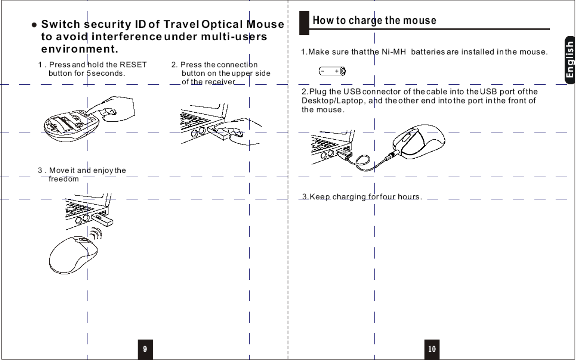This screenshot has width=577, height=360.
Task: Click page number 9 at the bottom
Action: tap(145, 349)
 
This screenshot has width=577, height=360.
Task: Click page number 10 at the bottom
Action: tap(432, 349)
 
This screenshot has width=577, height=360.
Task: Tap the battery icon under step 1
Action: tap(332, 72)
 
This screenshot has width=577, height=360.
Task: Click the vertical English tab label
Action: tap(570, 60)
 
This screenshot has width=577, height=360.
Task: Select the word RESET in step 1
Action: tap(133, 65)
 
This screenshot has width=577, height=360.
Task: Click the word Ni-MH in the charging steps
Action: tap(393, 52)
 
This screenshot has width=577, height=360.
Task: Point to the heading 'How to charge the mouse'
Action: tap(374, 21)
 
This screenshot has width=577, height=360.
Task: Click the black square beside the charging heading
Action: tap(304, 23)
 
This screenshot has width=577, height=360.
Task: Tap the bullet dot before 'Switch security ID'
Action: tap(34, 25)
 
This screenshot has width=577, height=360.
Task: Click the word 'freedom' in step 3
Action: tap(64, 179)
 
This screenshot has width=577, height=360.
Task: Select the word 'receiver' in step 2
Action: tap(220, 82)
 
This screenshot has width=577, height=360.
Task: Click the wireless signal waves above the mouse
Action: tap(95, 234)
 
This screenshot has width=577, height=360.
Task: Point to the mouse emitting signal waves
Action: tap(73, 255)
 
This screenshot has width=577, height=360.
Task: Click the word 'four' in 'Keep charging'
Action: tap(388, 196)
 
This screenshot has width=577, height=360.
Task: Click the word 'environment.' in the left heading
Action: tap(80, 49)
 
